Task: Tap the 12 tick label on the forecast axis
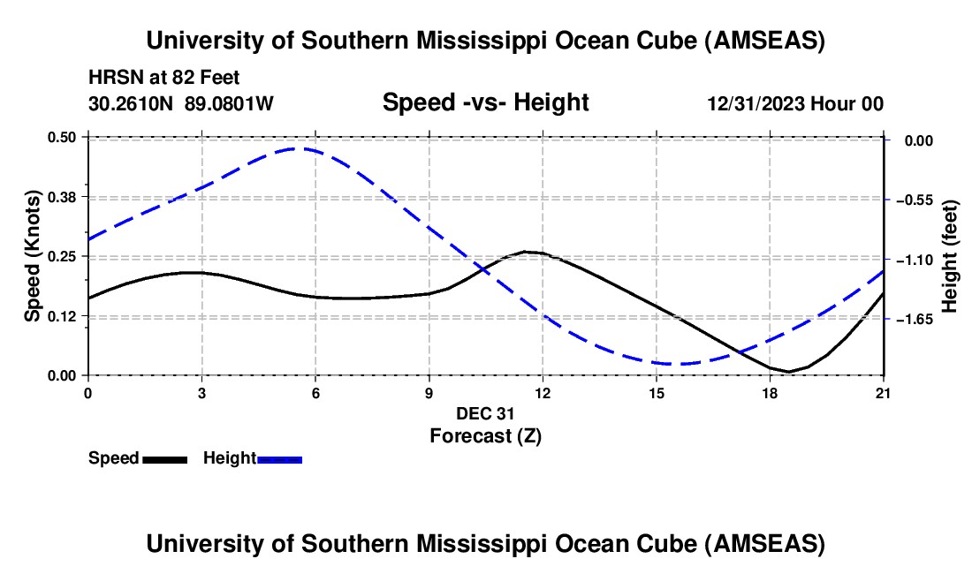[x=543, y=392]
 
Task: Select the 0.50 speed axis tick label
[x=66, y=137]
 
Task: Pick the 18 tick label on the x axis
[x=771, y=392]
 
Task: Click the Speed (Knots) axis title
[x=33, y=256]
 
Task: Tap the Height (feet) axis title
[x=950, y=256]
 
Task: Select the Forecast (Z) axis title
[x=484, y=435]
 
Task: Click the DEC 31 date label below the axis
[x=484, y=412]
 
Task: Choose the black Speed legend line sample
[x=164, y=458]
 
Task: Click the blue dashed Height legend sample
[x=279, y=458]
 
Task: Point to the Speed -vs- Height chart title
[x=485, y=102]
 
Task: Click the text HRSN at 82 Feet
[x=163, y=78]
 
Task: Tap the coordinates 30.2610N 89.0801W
[x=181, y=103]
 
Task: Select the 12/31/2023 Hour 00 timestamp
[x=795, y=103]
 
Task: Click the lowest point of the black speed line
[x=789, y=372]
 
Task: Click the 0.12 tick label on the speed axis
[x=66, y=316]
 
